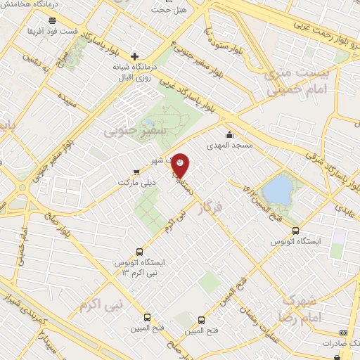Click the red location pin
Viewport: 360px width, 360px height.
point(181,164)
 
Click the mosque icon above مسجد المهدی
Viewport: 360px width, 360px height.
point(229,135)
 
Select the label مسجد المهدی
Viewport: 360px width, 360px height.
point(223,147)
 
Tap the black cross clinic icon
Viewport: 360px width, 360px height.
point(135,56)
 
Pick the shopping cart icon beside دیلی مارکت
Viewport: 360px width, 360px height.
point(136,171)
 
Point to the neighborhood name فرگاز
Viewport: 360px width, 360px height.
point(209,209)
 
